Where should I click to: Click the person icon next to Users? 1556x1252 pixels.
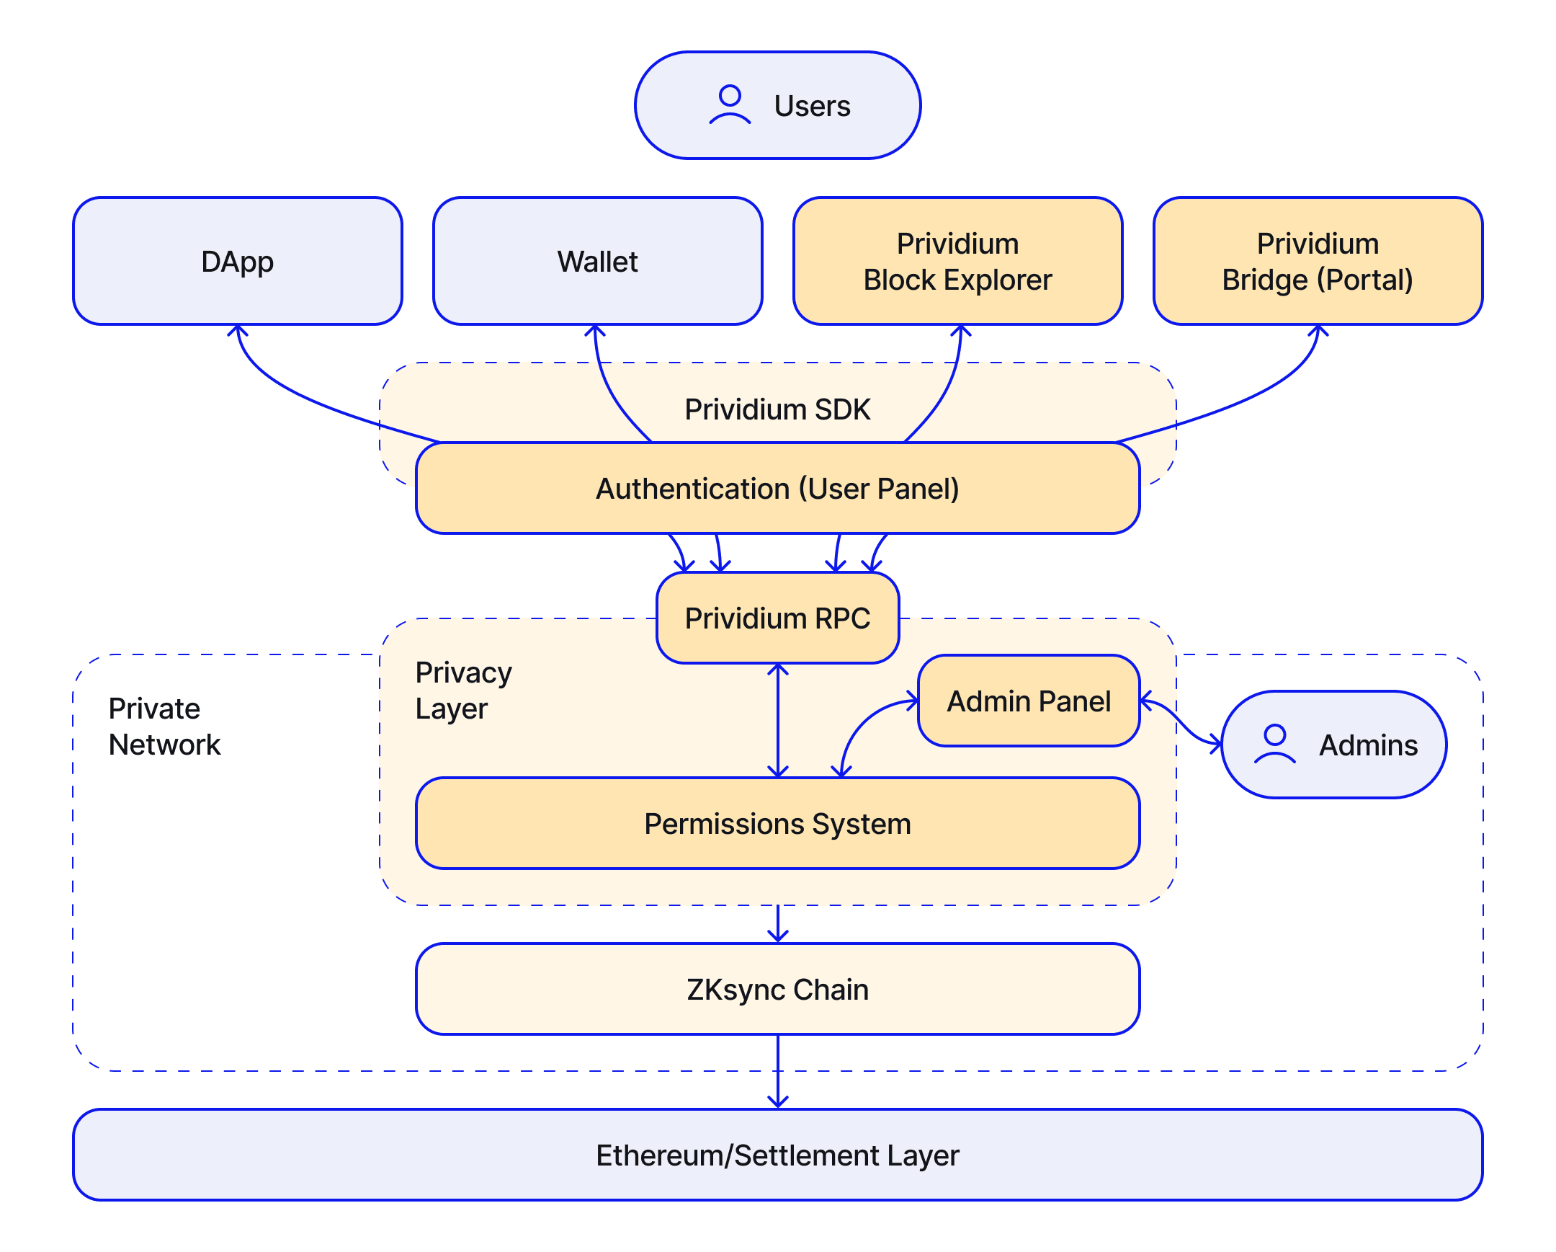click(x=730, y=105)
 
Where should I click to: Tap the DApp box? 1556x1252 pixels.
click(x=238, y=262)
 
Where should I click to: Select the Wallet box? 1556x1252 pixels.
click(x=598, y=262)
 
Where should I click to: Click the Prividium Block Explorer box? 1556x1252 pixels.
click(x=957, y=262)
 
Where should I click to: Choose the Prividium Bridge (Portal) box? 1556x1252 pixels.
click(x=1318, y=262)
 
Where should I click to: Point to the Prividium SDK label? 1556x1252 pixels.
click(x=777, y=409)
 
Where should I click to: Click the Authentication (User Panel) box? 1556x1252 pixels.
click(x=777, y=489)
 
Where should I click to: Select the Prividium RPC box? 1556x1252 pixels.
click(x=777, y=618)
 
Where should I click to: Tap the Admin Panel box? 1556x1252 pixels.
click(x=1029, y=701)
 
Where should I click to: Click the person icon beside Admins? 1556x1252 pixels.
click(x=1274, y=744)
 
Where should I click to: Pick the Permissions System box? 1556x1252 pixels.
click(x=777, y=824)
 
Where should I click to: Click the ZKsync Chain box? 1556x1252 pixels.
click(x=777, y=989)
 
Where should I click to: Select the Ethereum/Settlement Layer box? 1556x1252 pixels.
click(x=777, y=1155)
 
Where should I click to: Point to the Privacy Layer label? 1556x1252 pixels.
click(x=463, y=691)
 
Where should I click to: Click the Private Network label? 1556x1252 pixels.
click(x=164, y=727)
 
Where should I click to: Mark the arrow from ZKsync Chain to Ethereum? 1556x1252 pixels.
click(x=777, y=1073)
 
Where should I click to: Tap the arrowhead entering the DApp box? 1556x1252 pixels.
click(x=238, y=330)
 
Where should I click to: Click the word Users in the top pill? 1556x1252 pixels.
click(x=812, y=106)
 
